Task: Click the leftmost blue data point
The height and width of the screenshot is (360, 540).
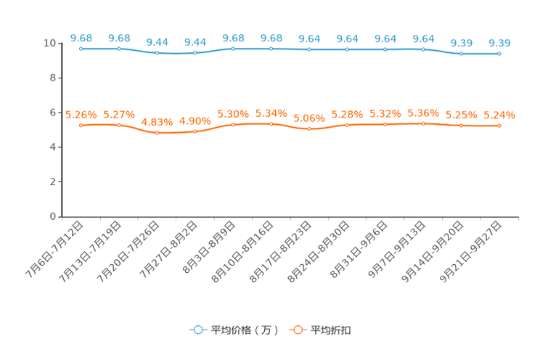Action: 81,49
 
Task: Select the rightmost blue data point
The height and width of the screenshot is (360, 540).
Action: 499,54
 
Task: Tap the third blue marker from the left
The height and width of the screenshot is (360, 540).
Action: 157,53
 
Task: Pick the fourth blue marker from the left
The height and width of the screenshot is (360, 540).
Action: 195,53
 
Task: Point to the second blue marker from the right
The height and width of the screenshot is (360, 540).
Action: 461,54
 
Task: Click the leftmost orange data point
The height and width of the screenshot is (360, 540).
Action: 81,126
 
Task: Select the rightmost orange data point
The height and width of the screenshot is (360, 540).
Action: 499,126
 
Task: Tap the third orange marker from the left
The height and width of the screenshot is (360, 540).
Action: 157,133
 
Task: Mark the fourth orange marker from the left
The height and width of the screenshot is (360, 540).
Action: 195,132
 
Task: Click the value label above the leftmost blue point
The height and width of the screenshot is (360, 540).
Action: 81,37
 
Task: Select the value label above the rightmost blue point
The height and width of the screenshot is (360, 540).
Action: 499,43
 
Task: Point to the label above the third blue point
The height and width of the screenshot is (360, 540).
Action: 157,42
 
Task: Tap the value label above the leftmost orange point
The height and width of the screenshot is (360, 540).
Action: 81,115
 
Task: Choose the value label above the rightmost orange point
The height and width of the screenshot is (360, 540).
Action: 499,115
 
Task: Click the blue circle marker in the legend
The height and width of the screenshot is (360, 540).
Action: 197,330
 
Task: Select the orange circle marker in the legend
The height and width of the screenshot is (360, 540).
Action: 297,330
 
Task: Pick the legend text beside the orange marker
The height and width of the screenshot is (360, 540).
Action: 332,330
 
